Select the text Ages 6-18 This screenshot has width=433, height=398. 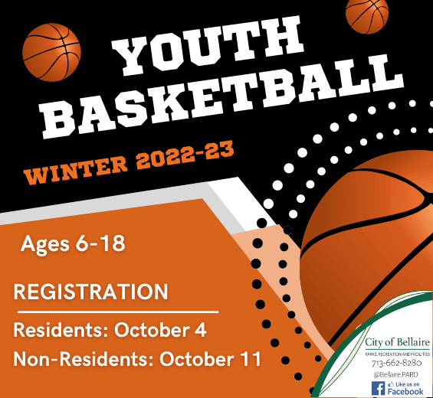[x=73, y=245]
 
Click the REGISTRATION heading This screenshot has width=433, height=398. [x=90, y=292]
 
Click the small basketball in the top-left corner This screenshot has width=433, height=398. [x=51, y=51]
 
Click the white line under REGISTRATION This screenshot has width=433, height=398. [x=118, y=312]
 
